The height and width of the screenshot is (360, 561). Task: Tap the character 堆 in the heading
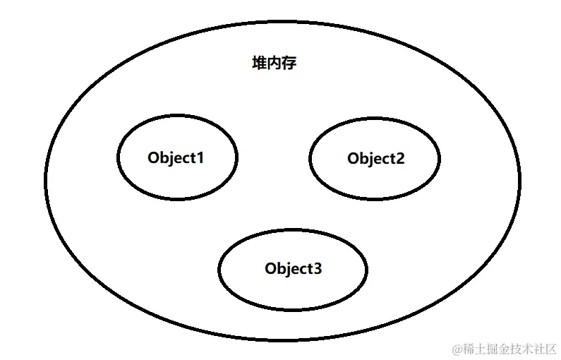coord(260,64)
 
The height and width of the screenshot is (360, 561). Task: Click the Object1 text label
coord(176,157)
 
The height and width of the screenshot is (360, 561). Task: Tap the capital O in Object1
coord(154,157)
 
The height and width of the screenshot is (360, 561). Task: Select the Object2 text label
coord(376,159)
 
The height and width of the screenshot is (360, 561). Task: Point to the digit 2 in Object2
coord(400,159)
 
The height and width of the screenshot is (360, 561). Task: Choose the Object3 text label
coord(294,268)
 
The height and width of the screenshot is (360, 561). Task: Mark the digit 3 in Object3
coord(318,268)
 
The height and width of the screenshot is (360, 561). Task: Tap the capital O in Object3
coord(271,268)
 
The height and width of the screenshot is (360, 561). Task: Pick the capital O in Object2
coord(354,159)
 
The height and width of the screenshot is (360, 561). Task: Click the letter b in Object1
coord(164,157)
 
